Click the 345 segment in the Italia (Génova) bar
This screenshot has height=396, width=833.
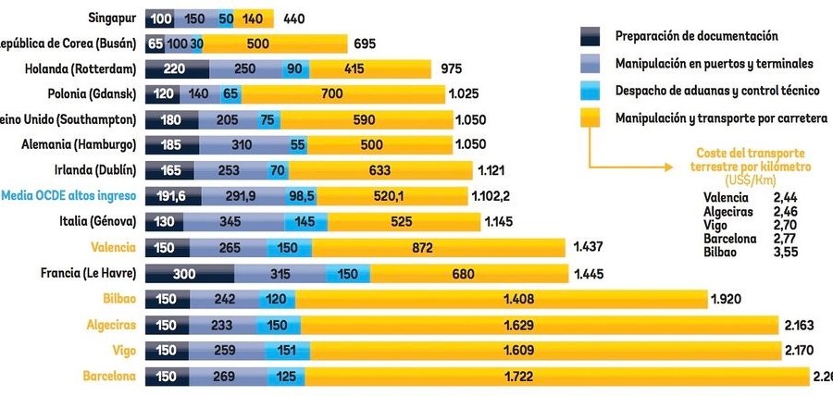point(229,222)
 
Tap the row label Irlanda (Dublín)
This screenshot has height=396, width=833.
point(97,170)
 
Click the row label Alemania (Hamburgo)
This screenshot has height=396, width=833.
point(79,145)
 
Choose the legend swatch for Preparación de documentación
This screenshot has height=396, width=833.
point(592,36)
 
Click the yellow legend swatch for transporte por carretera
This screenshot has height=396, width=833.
point(592,118)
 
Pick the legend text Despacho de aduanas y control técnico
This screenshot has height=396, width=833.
point(711,91)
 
